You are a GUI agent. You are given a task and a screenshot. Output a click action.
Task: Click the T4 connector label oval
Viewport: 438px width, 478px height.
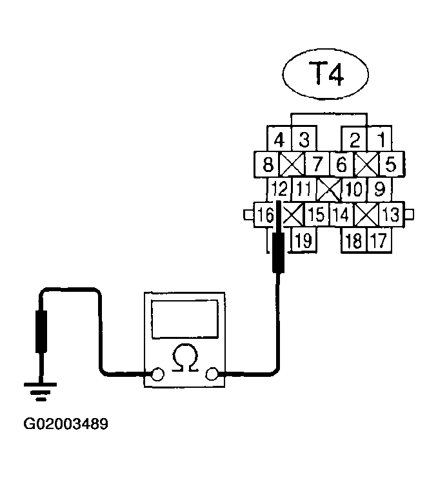(324, 75)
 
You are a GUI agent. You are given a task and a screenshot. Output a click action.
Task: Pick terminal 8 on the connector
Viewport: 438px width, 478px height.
(268, 165)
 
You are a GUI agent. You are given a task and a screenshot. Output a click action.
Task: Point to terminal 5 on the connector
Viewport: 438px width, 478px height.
(390, 165)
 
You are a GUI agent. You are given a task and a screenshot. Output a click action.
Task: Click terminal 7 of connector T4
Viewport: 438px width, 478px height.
(316, 165)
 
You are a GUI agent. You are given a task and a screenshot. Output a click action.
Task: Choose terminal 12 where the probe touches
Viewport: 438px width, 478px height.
(279, 190)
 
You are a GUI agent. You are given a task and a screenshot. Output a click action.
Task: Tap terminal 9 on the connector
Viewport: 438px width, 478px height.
(380, 190)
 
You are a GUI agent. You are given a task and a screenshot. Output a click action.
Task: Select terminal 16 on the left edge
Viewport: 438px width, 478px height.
(264, 215)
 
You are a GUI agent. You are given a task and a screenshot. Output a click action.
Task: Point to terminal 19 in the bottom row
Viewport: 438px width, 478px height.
(303, 241)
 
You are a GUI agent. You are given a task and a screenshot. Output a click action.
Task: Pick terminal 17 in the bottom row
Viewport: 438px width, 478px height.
(379, 241)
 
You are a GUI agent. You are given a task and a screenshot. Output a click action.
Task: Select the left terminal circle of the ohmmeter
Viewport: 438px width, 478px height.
(156, 374)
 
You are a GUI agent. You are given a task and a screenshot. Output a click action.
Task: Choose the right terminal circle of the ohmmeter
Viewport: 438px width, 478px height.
(212, 374)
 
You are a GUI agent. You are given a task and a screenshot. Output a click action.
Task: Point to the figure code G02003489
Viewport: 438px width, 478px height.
(66, 425)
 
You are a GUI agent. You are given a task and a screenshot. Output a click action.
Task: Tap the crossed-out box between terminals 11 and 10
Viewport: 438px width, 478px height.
(330, 190)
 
